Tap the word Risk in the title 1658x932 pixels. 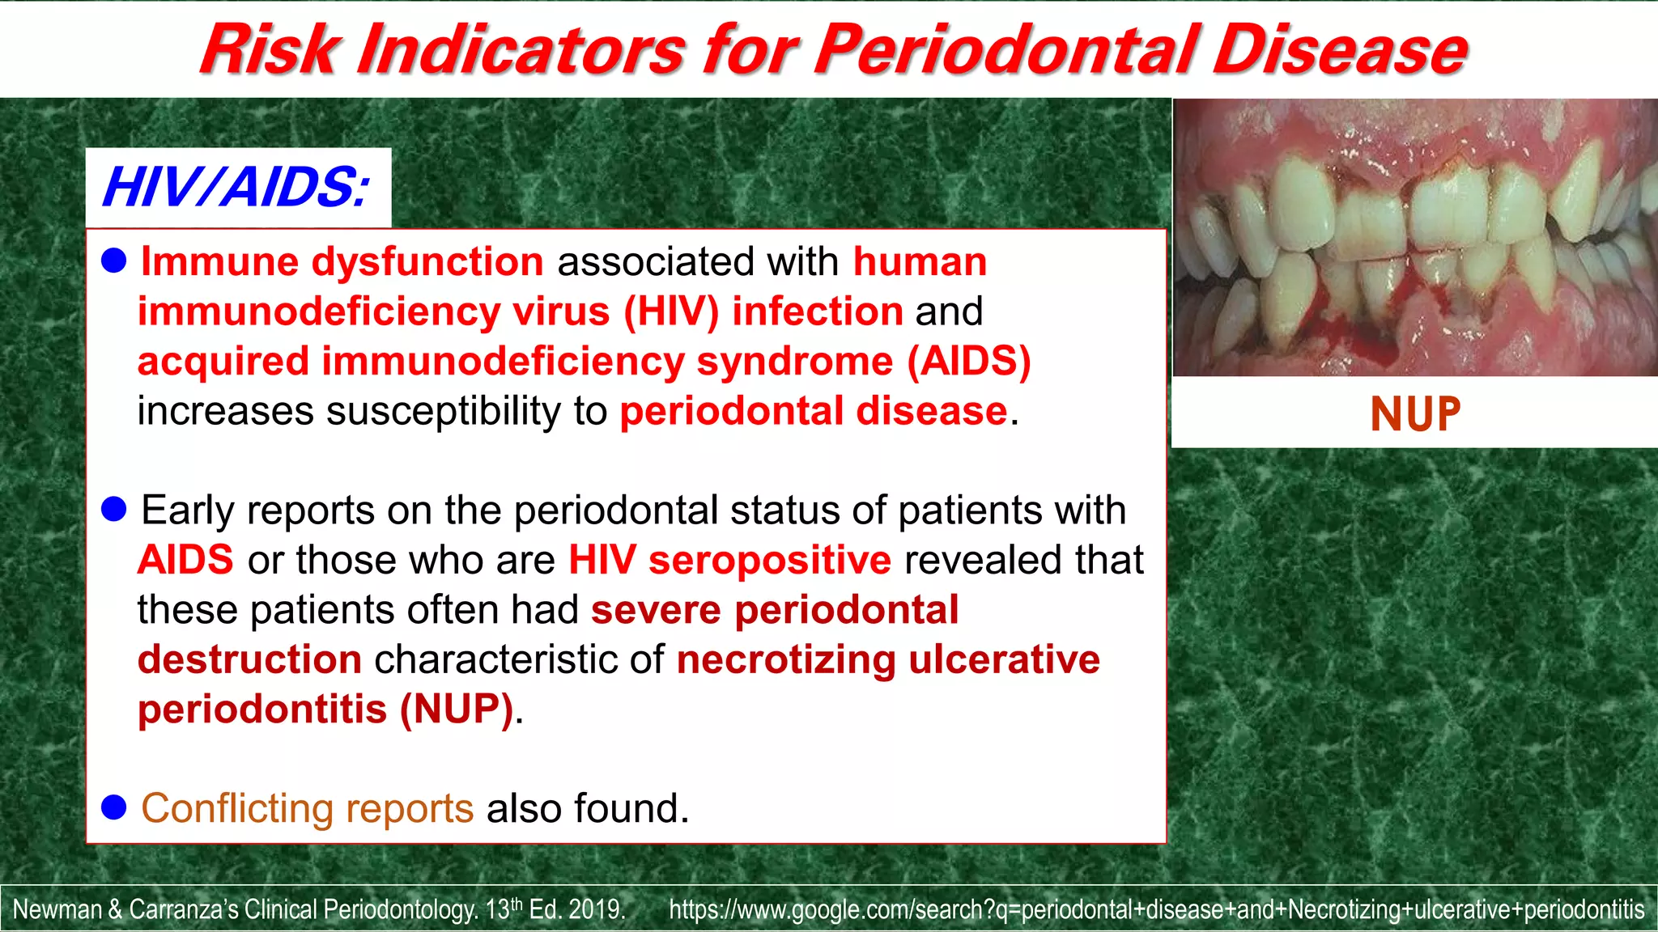268,50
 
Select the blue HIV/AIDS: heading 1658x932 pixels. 236,188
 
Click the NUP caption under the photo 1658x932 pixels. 1415,414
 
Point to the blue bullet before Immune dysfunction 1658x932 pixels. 114,261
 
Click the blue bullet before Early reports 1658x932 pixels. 114,509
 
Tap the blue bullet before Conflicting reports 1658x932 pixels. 114,807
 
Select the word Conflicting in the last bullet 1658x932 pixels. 236,808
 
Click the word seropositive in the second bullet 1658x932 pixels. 769,560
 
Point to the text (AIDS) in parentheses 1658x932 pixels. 969,361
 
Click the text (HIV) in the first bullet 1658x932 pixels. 670,311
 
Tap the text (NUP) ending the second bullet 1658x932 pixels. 457,710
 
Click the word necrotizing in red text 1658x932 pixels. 785,659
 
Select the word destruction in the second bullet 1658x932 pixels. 249,659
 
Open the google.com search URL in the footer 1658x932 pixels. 1156,909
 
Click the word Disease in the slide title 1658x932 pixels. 1339,50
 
